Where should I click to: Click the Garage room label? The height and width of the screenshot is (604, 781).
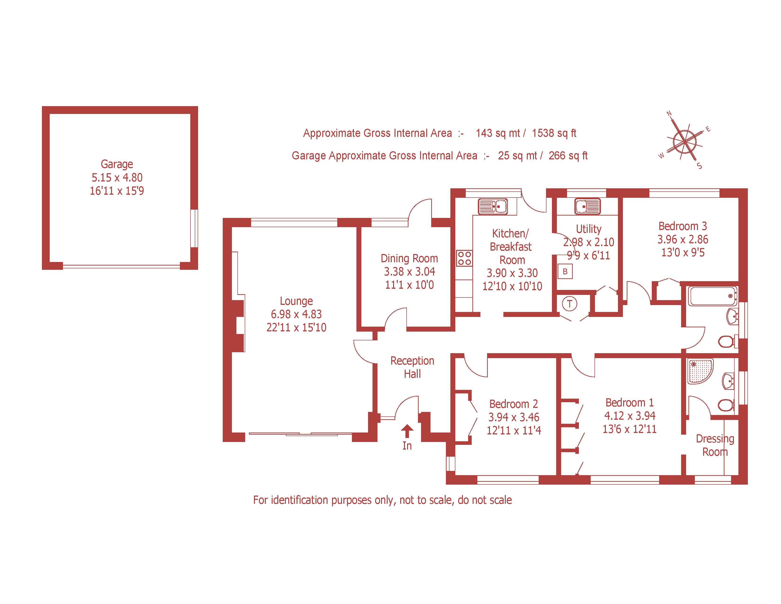117,164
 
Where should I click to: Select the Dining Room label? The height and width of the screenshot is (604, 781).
409,258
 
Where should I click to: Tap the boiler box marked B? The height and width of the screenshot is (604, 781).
565,272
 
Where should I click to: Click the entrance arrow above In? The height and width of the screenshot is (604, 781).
407,431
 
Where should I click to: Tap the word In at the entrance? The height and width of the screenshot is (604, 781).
407,446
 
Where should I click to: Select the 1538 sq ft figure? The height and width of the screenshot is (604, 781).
554,133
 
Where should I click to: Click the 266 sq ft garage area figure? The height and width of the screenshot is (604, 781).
568,156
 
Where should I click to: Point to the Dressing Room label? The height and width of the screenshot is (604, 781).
715,445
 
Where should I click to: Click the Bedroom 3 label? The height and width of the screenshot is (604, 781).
682,226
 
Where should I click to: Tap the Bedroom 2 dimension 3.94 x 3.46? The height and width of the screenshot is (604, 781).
514,417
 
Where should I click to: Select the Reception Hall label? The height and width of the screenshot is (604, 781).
412,367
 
